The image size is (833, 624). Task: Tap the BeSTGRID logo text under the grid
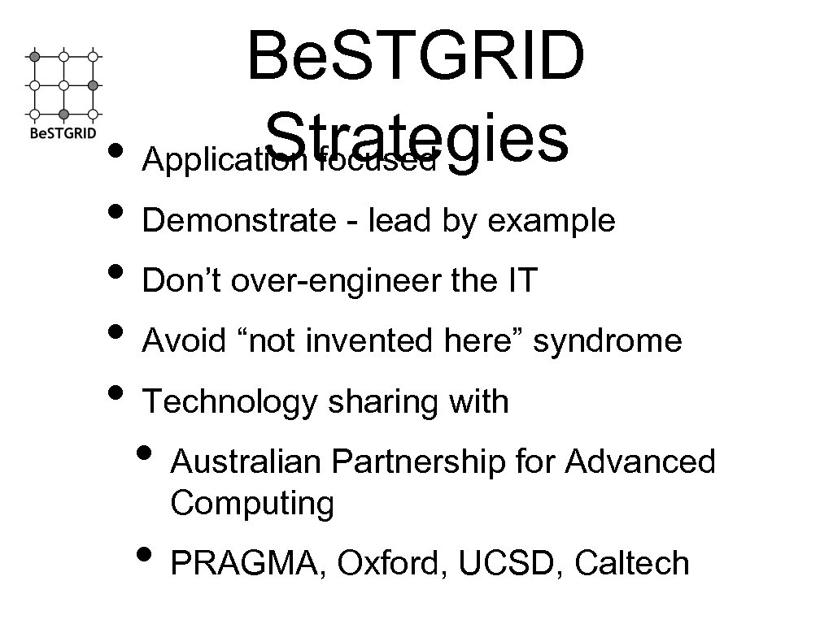[63, 132]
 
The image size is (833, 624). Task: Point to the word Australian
[247, 462]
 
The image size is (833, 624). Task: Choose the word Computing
[252, 504]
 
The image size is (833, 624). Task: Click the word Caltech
[631, 564]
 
